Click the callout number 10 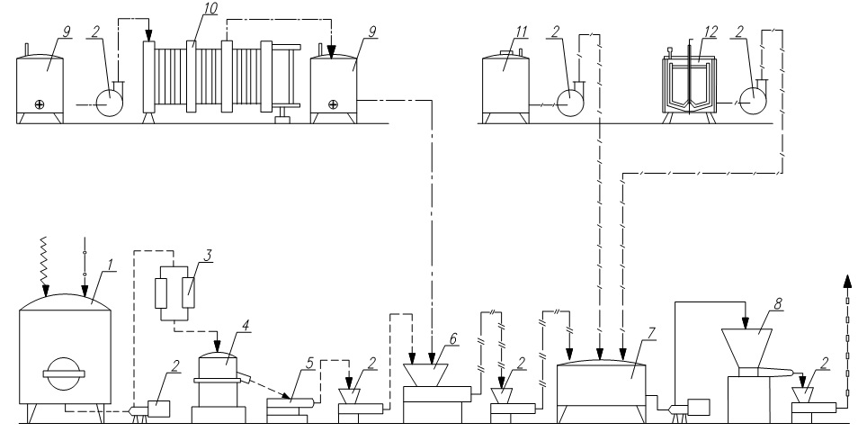tap(209, 9)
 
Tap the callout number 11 tap(521, 31)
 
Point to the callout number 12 tap(711, 31)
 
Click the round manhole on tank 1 tap(64, 374)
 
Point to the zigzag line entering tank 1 tap(45, 263)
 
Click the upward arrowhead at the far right tap(847, 281)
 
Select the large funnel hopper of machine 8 tap(746, 348)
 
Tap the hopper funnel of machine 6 tap(426, 375)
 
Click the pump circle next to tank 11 tap(570, 103)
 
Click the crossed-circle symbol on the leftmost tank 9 tap(40, 104)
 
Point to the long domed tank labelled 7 tap(601, 387)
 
